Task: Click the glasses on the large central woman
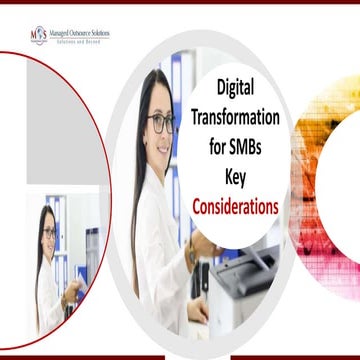tap(161, 125)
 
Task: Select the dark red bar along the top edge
tap(180, 3)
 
